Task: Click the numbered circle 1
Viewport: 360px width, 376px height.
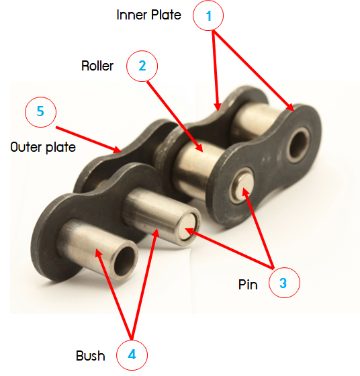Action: [208, 15]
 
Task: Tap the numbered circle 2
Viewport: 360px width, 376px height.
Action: [142, 66]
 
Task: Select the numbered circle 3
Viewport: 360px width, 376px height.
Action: [284, 283]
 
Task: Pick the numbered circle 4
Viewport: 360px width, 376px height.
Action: [132, 355]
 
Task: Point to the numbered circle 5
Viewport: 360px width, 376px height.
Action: [40, 111]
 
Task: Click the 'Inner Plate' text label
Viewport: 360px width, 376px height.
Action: [148, 15]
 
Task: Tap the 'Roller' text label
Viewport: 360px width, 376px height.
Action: [97, 66]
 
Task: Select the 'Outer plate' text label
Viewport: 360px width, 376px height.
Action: [43, 147]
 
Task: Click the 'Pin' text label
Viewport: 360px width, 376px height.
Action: [248, 285]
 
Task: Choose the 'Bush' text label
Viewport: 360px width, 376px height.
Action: [91, 356]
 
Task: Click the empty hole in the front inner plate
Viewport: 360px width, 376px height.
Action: [298, 144]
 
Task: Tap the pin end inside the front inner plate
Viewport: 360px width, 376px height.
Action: [242, 186]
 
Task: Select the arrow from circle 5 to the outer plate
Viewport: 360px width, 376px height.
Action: [89, 140]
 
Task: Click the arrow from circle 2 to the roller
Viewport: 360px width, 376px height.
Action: [175, 117]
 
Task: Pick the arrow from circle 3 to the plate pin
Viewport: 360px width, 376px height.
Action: [259, 228]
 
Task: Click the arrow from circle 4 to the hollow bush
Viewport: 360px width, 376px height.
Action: [114, 295]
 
